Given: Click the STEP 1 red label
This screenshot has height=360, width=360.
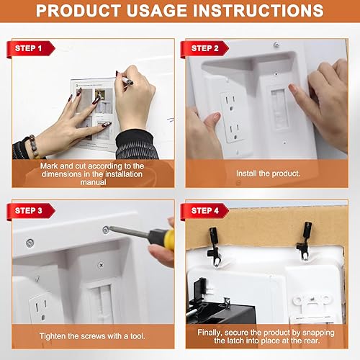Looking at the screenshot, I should click(x=34, y=48).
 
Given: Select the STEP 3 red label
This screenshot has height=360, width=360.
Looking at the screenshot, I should click(x=34, y=210).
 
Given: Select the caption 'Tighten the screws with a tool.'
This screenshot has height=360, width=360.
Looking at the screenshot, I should click(x=93, y=333).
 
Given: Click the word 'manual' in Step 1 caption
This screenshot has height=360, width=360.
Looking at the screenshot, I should click(x=93, y=183).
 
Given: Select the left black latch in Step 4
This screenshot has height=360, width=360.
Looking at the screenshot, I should click(x=214, y=242).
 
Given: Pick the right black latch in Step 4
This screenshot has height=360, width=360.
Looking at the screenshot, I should click(x=305, y=238).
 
